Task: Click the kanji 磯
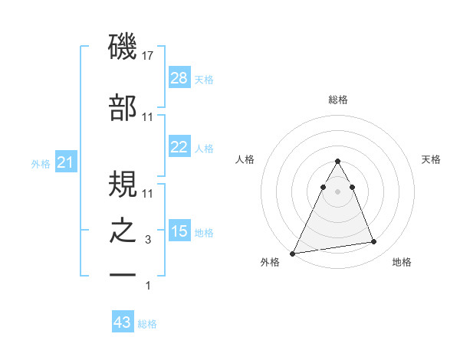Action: tap(123, 47)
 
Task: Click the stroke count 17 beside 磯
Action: tap(149, 55)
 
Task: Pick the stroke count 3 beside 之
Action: tap(148, 240)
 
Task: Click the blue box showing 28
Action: tap(179, 78)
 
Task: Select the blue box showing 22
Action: tap(179, 147)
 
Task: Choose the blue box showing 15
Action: tap(179, 231)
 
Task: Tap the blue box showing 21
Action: tap(65, 162)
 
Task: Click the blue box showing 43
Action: tap(122, 322)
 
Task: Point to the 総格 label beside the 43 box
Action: tap(147, 324)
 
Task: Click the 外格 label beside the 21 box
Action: tap(41, 163)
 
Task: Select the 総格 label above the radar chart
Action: tap(337, 100)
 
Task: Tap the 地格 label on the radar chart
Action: tap(402, 262)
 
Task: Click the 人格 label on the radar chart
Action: tap(245, 159)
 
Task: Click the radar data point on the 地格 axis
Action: tap(373, 242)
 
